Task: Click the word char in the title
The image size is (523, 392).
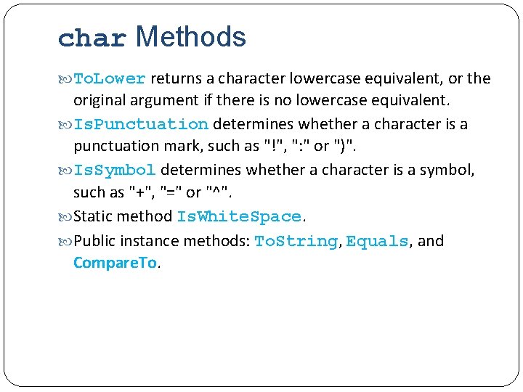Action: click(92, 38)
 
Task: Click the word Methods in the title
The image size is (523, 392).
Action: click(191, 36)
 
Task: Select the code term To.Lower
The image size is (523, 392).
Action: click(110, 78)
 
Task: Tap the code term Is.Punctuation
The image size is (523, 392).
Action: click(141, 124)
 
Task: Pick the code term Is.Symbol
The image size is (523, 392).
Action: click(115, 170)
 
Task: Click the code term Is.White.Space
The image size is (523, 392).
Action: click(239, 216)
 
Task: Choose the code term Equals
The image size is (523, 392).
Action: click(377, 241)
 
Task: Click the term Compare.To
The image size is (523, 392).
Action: click(115, 263)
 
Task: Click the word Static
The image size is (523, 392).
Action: click(92, 216)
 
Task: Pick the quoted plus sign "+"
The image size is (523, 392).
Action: click(136, 192)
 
